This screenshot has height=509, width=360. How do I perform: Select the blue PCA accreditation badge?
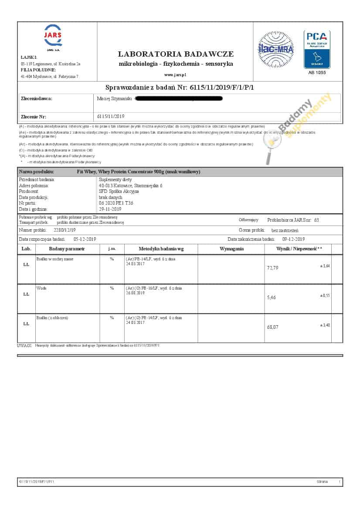[316, 49]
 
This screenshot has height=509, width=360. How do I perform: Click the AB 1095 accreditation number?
[316, 72]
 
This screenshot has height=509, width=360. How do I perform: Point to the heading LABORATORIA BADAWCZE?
[176, 54]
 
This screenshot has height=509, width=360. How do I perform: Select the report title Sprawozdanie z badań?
[180, 88]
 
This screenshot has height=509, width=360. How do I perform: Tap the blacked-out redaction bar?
[179, 99]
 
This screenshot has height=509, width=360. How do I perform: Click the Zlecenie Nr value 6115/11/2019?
[111, 116]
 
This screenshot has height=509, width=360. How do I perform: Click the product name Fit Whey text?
[138, 172]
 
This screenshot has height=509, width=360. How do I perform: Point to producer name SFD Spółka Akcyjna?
[119, 191]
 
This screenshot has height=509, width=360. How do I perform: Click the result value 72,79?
[272, 268]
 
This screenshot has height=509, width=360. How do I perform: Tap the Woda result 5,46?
[271, 297]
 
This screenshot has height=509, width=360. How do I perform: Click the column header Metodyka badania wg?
[161, 249]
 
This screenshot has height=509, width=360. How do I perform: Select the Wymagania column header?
[231, 249]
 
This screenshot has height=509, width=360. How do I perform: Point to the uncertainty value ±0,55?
[325, 296]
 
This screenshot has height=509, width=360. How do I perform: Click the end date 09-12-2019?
[293, 239]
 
